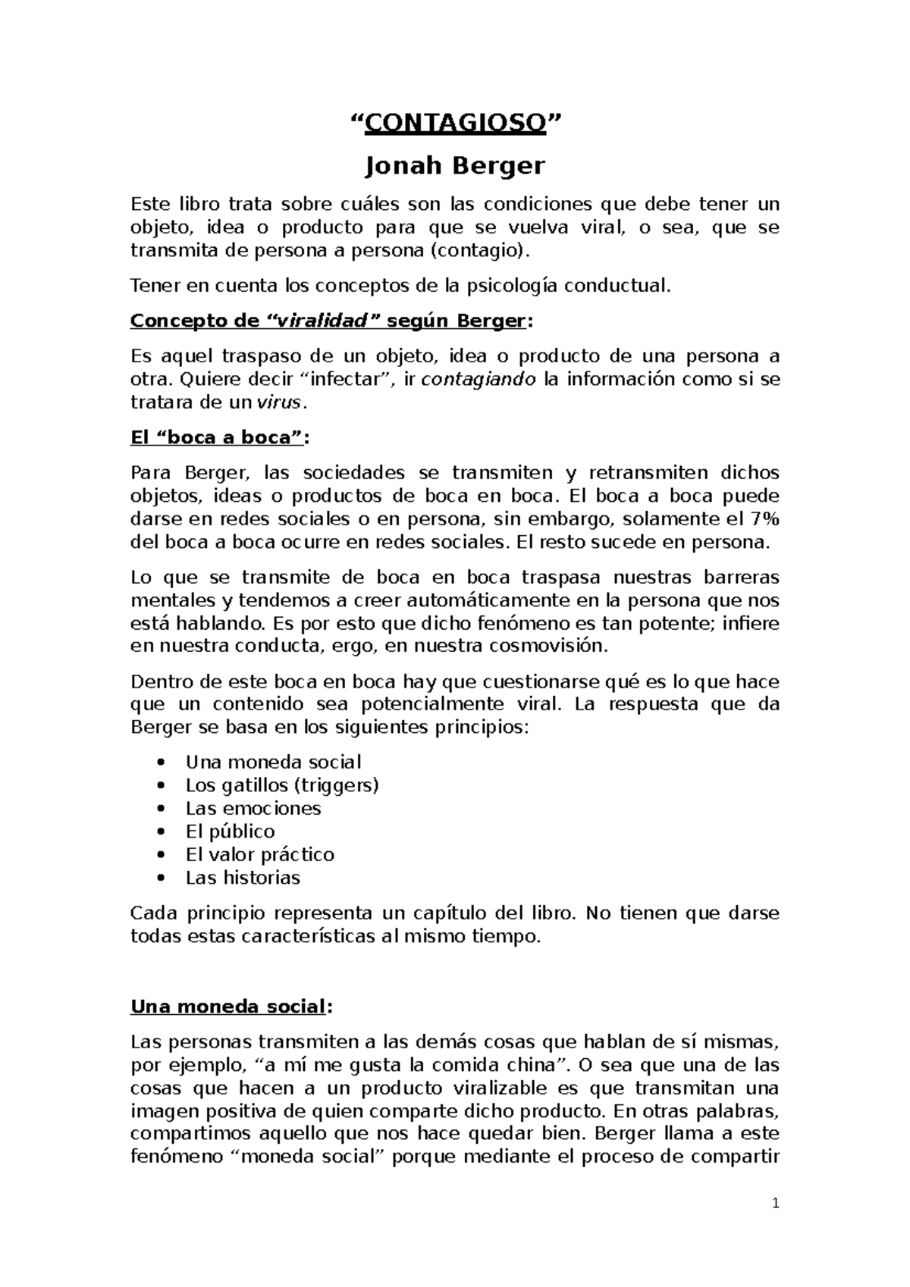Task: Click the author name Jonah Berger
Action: coord(455,164)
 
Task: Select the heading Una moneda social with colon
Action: coord(231,1007)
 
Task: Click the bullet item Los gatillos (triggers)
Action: coord(282,784)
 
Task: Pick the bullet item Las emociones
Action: coord(253,808)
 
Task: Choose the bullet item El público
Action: coord(230,831)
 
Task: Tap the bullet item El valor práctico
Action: coord(259,854)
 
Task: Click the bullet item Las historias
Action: coord(243,878)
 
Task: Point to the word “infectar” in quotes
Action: coord(345,379)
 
